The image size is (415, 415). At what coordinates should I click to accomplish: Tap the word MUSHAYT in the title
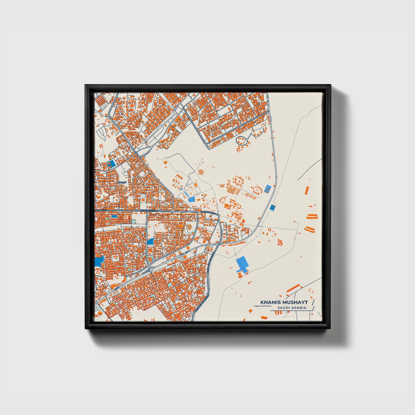pyautogui.click(x=295, y=302)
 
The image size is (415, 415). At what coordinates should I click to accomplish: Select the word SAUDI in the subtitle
pyautogui.click(x=283, y=308)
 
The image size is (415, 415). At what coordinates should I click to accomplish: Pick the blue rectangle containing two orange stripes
pyautogui.click(x=268, y=189)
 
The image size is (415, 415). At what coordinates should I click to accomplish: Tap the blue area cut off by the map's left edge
pyautogui.click(x=99, y=261)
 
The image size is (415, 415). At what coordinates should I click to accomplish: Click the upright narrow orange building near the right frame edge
pyautogui.click(x=307, y=190)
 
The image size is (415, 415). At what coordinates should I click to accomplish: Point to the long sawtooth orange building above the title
pyautogui.click(x=293, y=288)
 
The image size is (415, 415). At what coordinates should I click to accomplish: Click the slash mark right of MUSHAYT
pyautogui.click(x=312, y=302)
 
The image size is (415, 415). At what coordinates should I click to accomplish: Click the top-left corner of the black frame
pyautogui.click(x=86, y=85)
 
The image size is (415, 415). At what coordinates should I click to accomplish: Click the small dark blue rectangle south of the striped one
pyautogui.click(x=272, y=207)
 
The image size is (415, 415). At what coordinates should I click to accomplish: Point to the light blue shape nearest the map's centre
pyautogui.click(x=191, y=199)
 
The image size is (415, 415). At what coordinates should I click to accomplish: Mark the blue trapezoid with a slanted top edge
pyautogui.click(x=150, y=242)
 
